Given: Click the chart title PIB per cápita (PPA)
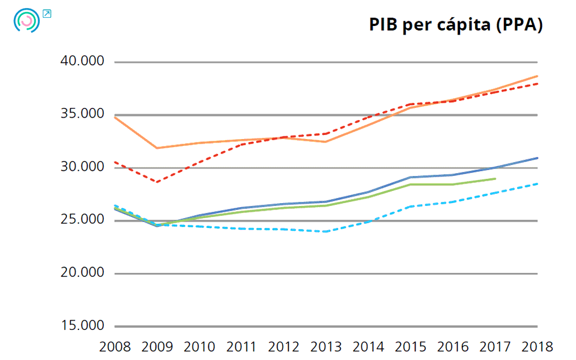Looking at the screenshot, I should pos(455,25).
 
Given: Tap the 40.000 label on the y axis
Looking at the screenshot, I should pos(82,61).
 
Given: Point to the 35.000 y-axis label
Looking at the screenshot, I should pos(82,114).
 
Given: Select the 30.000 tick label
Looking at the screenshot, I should pos(82,167).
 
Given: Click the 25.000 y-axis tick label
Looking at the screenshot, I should pos(82,220).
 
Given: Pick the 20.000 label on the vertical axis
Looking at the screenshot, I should pos(82,273).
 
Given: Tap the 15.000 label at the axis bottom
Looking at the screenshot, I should pos(82,326).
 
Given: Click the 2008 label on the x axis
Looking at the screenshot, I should pos(115,347).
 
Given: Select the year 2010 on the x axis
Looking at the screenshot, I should pos(199,347).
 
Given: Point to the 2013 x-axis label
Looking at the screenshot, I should pos(326,347).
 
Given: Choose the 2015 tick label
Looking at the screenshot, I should pos(410,347).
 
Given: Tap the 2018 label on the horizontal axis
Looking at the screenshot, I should pos(537,347).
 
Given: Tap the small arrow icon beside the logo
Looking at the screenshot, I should pos(47,13).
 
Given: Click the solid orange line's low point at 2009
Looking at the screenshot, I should pos(157,148).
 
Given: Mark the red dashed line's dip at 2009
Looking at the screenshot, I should pos(157,182).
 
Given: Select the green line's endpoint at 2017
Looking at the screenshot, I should pos(495,179).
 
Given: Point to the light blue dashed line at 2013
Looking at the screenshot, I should pos(326,231).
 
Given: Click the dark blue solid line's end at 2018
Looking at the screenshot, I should pos(537,157).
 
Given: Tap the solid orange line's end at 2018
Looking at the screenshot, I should pos(537,76).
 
